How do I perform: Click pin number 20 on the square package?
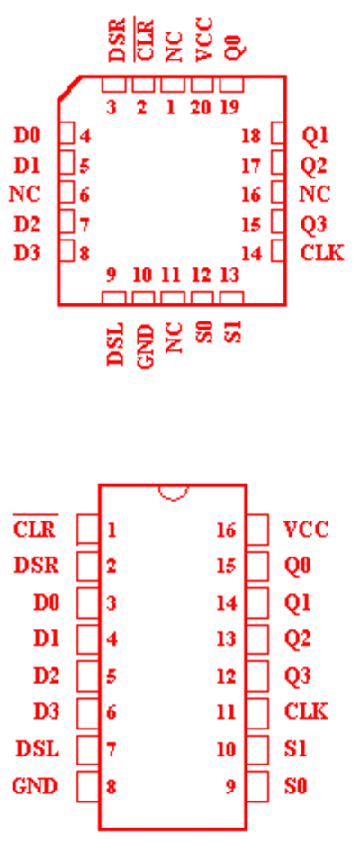click(x=202, y=107)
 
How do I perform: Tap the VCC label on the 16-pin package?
click(x=305, y=530)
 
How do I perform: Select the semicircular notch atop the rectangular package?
click(x=173, y=493)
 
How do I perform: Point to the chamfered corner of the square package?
click(x=69, y=87)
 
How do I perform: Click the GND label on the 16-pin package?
click(x=34, y=787)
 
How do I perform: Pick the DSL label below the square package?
click(x=115, y=344)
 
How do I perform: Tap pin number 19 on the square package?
click(x=230, y=107)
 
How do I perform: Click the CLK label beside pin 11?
click(x=305, y=712)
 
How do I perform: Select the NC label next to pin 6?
click(x=24, y=194)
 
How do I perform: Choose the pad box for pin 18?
click(x=277, y=133)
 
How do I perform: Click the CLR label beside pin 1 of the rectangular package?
click(x=34, y=530)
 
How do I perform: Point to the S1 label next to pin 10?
click(x=295, y=748)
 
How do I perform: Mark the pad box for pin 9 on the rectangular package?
click(x=257, y=786)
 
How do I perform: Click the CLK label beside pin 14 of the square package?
click(x=322, y=252)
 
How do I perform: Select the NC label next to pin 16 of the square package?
click(x=314, y=194)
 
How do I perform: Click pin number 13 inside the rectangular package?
click(x=226, y=639)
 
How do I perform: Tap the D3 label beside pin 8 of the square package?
click(x=27, y=252)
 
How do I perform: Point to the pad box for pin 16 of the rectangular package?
click(x=257, y=530)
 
